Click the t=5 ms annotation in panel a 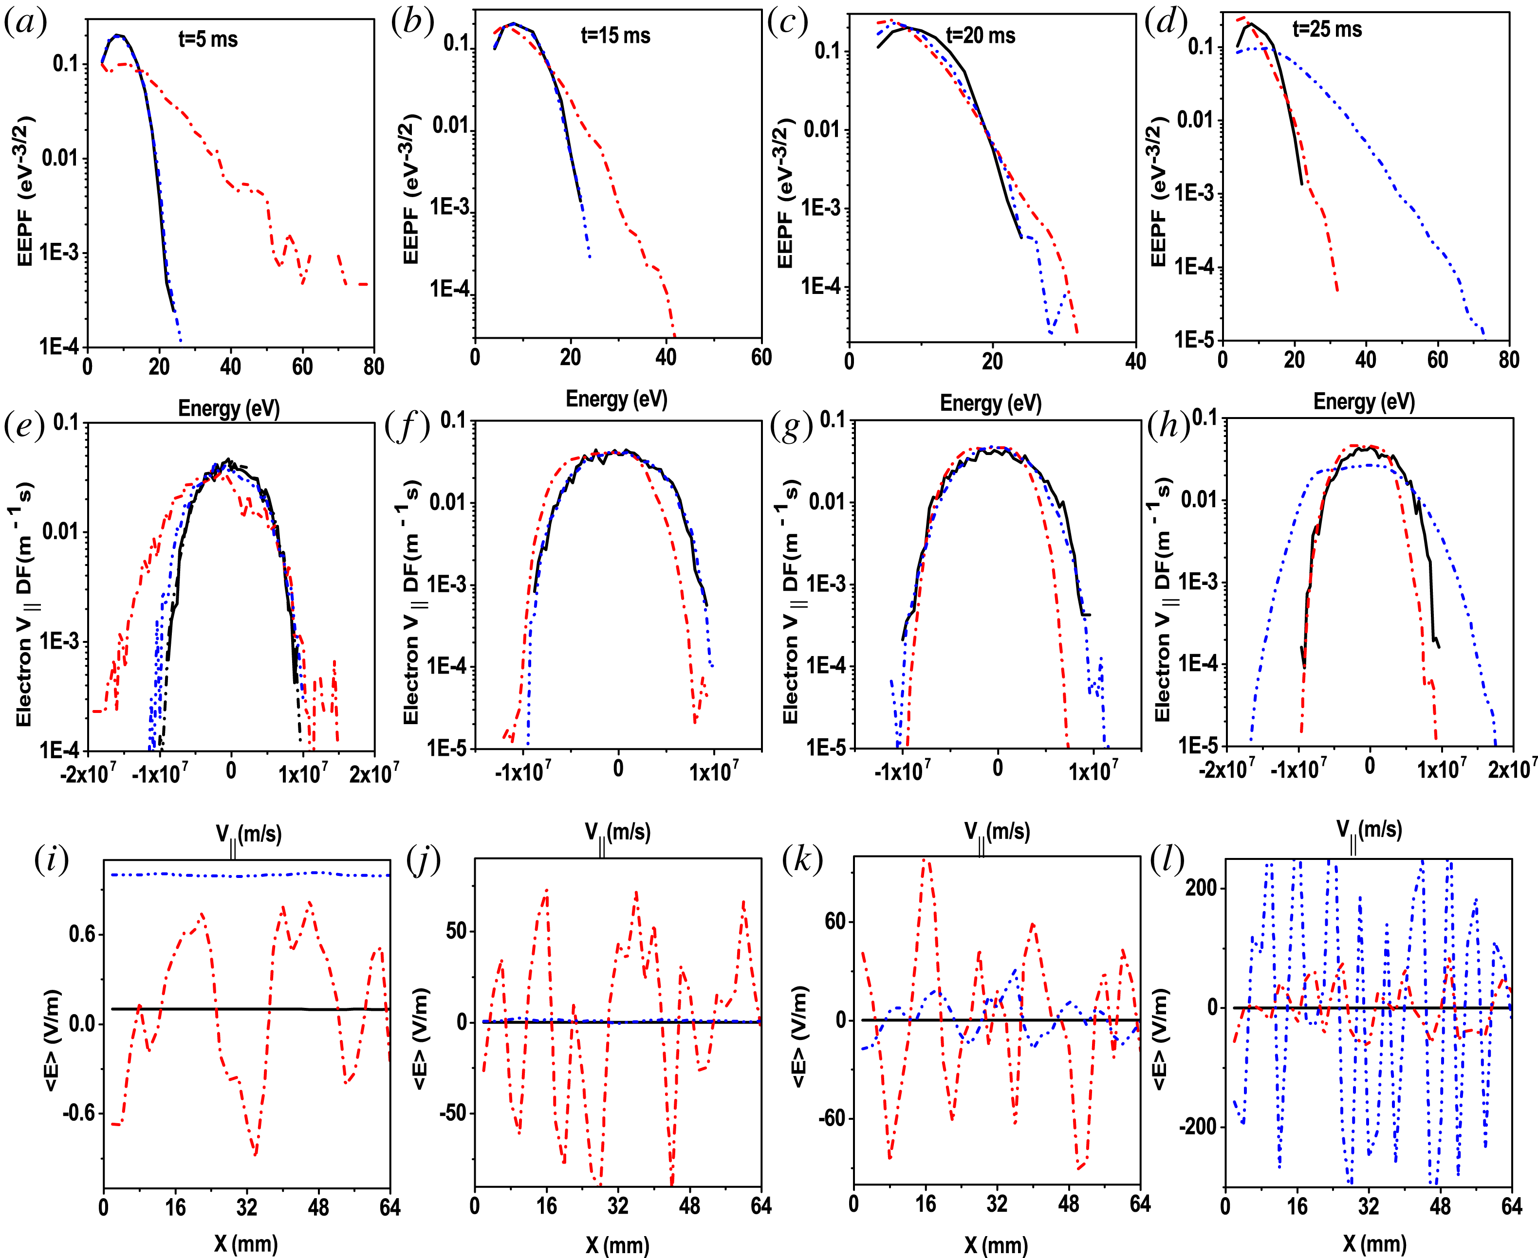(x=208, y=39)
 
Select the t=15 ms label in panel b (x=615, y=36)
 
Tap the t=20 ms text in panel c (x=980, y=36)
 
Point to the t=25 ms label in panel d (x=1327, y=29)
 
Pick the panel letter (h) (x=1168, y=426)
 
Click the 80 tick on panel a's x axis (x=374, y=366)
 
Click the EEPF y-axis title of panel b (x=411, y=188)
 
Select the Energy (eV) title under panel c (x=990, y=403)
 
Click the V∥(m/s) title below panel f (x=617, y=833)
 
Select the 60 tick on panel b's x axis (x=761, y=357)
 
